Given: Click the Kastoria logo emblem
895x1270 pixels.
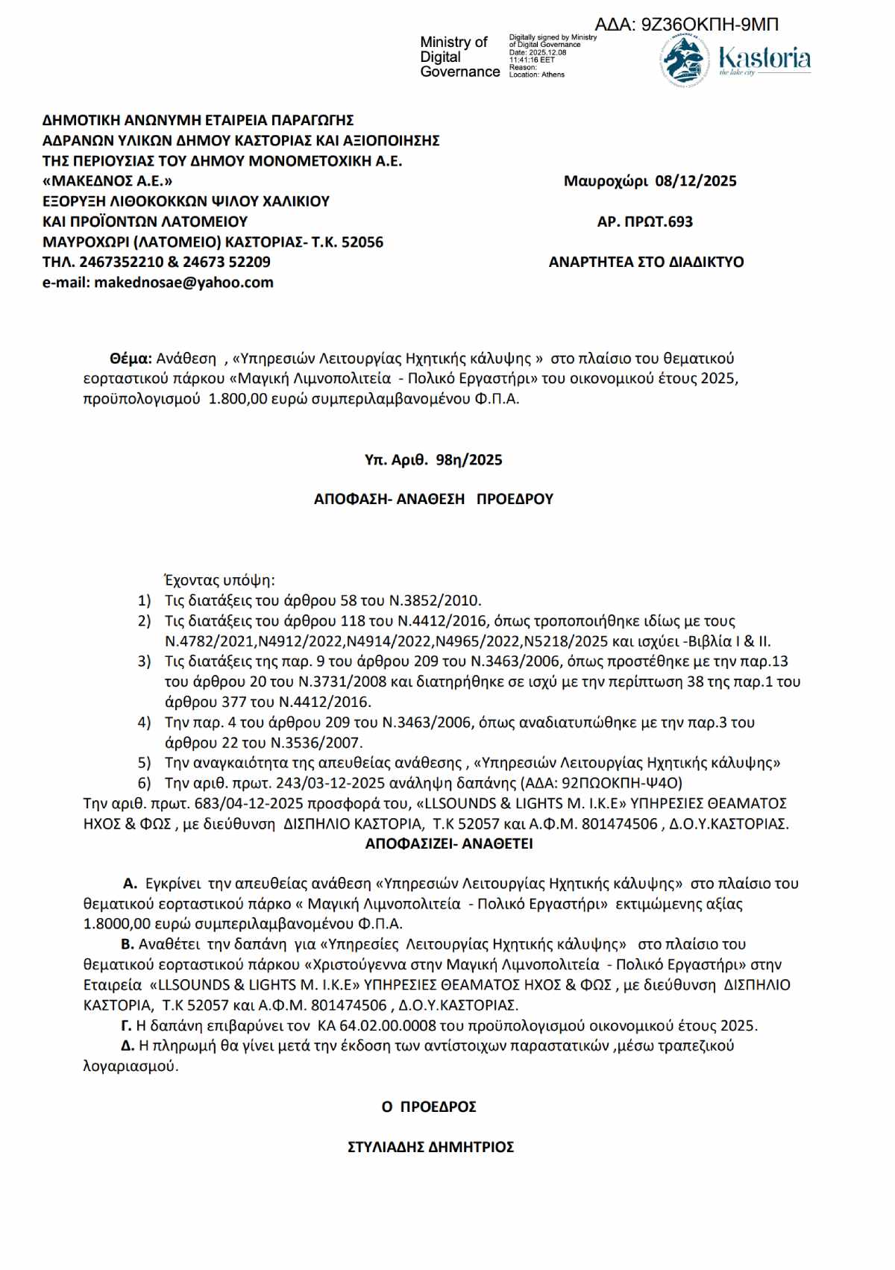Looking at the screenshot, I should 684,60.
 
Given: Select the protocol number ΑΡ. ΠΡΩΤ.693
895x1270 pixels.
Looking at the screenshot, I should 644,221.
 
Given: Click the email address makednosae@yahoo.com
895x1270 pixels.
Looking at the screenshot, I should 183,283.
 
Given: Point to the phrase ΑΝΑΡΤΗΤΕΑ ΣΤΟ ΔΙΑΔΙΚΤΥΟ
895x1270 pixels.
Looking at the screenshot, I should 646,262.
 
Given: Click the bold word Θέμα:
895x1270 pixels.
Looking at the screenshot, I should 131,359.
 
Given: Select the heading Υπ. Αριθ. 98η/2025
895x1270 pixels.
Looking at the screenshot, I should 433,460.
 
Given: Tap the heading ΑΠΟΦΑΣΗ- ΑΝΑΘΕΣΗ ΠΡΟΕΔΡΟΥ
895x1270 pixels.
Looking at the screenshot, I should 433,499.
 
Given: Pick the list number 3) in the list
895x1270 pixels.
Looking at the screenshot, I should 144,661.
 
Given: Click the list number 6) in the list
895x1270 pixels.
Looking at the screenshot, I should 144,783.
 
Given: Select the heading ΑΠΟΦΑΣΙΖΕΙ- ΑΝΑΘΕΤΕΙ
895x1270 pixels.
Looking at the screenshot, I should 449,844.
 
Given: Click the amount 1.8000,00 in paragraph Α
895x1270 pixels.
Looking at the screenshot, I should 116,924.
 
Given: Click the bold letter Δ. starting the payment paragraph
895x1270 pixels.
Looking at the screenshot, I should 128,1046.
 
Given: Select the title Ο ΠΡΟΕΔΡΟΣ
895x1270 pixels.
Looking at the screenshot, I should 429,1107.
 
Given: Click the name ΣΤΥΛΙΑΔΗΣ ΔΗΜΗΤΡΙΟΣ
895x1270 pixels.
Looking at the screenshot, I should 430,1147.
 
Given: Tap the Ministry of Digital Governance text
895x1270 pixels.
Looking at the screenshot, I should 459,57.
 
